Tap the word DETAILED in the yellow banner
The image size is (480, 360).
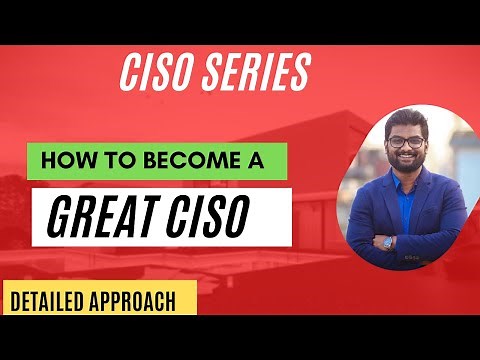[49, 299]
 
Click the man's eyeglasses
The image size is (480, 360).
[405, 142]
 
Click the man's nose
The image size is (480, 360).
[406, 150]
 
